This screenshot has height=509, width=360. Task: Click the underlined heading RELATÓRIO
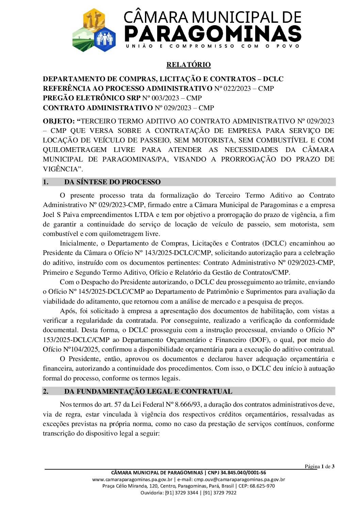[x=189, y=65]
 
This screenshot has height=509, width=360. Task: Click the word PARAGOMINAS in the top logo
[x=213, y=34]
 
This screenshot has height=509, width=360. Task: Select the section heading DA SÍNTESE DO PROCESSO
[x=112, y=182]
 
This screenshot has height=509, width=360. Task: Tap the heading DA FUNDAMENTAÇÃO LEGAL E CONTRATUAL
[x=148, y=391]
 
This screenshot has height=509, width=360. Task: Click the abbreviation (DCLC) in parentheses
[x=274, y=243]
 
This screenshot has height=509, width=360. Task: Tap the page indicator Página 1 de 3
[x=319, y=466]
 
